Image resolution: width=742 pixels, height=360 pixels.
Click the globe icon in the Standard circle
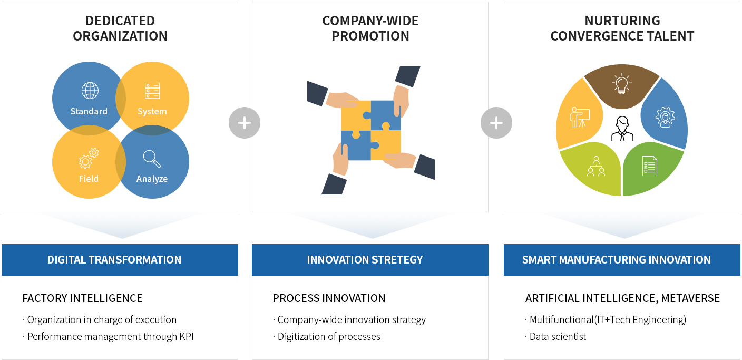(90, 91)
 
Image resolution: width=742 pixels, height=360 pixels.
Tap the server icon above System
(152, 91)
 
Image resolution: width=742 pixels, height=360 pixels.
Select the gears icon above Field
(89, 158)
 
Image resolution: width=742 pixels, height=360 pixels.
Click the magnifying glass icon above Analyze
(152, 159)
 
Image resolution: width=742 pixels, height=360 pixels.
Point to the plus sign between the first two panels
(245, 123)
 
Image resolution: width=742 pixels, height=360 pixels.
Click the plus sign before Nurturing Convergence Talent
(496, 123)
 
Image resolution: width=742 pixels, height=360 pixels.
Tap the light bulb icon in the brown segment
(622, 83)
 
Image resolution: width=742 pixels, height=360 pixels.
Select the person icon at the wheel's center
(622, 129)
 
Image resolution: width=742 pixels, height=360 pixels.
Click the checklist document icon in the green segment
(650, 166)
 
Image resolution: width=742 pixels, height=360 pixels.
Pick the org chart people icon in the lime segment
(596, 166)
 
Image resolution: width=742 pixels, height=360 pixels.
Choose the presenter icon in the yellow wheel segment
(580, 117)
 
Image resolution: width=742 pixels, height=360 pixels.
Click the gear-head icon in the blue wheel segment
(665, 117)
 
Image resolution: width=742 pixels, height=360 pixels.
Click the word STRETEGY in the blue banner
(397, 260)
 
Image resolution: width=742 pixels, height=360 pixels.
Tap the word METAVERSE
(690, 298)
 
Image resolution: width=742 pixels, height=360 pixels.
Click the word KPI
(187, 336)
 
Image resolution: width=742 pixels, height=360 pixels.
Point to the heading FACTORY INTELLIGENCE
(83, 298)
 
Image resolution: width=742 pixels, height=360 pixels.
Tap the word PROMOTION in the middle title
(370, 36)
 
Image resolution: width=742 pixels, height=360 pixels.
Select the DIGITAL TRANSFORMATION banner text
(114, 260)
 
